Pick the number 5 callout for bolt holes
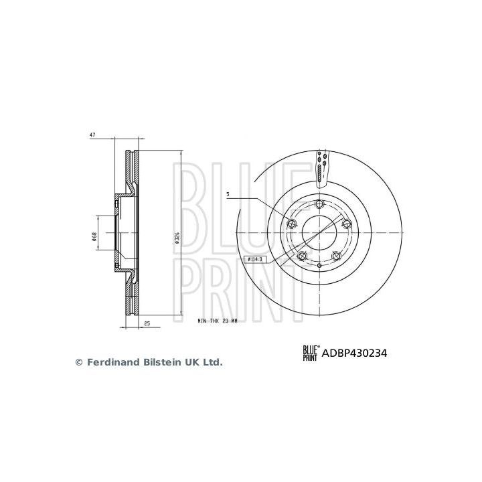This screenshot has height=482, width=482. pos(228,195)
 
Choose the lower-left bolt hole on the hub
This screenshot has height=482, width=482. pos(301,256)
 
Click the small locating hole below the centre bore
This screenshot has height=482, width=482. pos(319,266)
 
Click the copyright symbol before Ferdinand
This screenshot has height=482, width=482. pos(78,362)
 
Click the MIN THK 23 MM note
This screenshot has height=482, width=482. pos(218,321)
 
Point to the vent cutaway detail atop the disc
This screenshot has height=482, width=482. pos(321,167)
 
